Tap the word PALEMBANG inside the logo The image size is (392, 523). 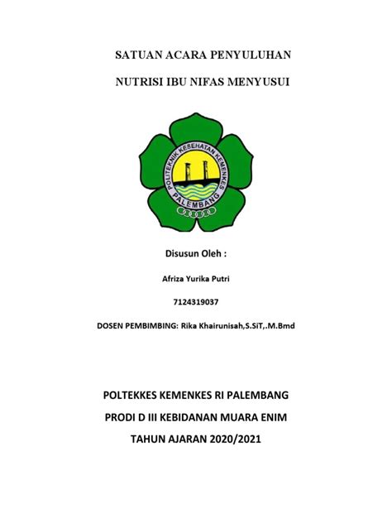197,199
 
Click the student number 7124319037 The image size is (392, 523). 196,302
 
